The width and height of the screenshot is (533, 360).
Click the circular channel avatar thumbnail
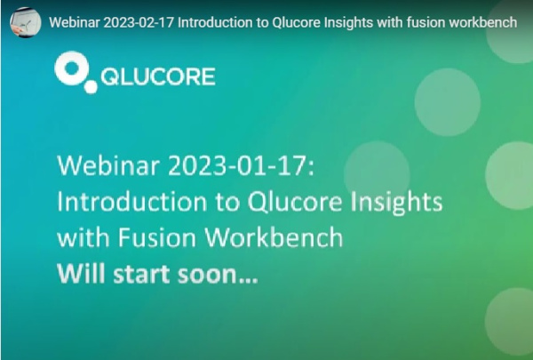click(x=26, y=22)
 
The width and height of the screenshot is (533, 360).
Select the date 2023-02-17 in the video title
click(x=139, y=23)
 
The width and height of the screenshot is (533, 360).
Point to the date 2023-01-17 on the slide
click(x=237, y=165)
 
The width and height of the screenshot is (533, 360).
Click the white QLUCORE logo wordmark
click(x=158, y=76)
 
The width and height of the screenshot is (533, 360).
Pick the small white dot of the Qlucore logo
click(x=91, y=86)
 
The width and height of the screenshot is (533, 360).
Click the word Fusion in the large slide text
click(x=157, y=237)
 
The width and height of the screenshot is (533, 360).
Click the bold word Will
click(x=81, y=274)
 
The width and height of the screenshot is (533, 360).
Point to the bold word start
click(x=141, y=275)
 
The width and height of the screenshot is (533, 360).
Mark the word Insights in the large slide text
click(x=396, y=202)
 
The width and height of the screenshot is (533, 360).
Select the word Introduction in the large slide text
click(x=132, y=201)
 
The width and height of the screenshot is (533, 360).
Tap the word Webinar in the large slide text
click(x=108, y=165)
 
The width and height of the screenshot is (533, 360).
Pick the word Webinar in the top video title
click(x=75, y=23)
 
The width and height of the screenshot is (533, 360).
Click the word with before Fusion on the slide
click(x=84, y=237)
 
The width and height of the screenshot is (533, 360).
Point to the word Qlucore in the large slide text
click(x=295, y=202)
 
